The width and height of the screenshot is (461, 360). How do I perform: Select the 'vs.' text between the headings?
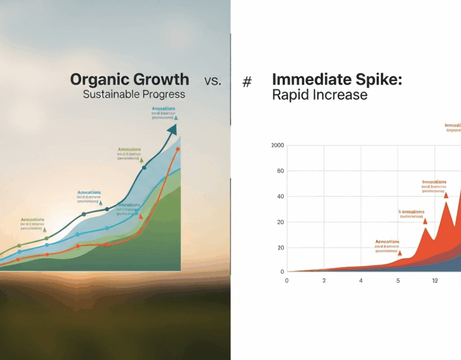[213, 81]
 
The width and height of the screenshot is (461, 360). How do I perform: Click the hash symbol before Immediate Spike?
[247, 82]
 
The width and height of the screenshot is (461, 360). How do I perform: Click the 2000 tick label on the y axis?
[278, 145]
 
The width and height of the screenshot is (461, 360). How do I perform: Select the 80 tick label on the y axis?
[280, 171]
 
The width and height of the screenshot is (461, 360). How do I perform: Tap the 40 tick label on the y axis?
[280, 197]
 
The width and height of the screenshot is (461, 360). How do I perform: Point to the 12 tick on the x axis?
[435, 281]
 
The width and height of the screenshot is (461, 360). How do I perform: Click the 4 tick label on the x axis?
[361, 281]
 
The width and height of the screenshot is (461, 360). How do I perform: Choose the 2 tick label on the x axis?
[324, 281]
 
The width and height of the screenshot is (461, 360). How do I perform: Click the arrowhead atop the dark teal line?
[172, 130]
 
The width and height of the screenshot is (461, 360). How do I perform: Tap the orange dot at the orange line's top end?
[178, 149]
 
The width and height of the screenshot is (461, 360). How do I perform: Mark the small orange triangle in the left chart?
[141, 216]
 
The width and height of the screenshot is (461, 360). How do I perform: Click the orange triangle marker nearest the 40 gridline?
[446, 195]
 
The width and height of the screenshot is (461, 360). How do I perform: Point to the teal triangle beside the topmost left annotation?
[176, 117]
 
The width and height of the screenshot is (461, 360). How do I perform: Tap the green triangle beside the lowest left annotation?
[45, 230]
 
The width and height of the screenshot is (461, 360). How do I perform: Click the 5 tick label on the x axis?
[398, 281]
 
